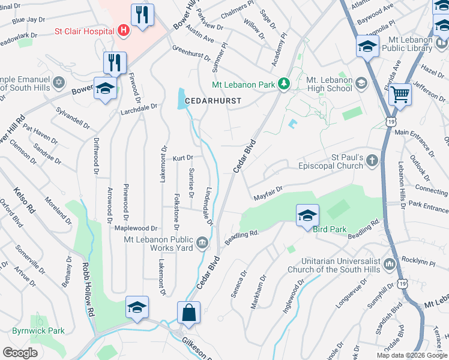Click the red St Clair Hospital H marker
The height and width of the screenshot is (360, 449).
[x=124, y=29]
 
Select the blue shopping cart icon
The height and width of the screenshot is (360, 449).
[x=399, y=94]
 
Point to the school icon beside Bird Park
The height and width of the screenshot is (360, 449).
[x=307, y=215]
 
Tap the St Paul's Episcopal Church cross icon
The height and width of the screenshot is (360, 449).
[x=372, y=160]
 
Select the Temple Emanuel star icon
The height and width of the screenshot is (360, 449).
[x=58, y=82]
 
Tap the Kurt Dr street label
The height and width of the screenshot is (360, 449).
[x=182, y=158]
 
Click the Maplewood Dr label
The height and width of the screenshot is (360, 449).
[x=136, y=229]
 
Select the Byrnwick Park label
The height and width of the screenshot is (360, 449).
[x=38, y=331]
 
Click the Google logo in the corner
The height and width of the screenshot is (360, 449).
[x=20, y=353]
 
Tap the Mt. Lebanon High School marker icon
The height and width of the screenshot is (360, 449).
[x=361, y=83]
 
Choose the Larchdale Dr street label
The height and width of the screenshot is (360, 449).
[x=138, y=106]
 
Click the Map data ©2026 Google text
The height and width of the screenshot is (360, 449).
[x=412, y=355]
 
